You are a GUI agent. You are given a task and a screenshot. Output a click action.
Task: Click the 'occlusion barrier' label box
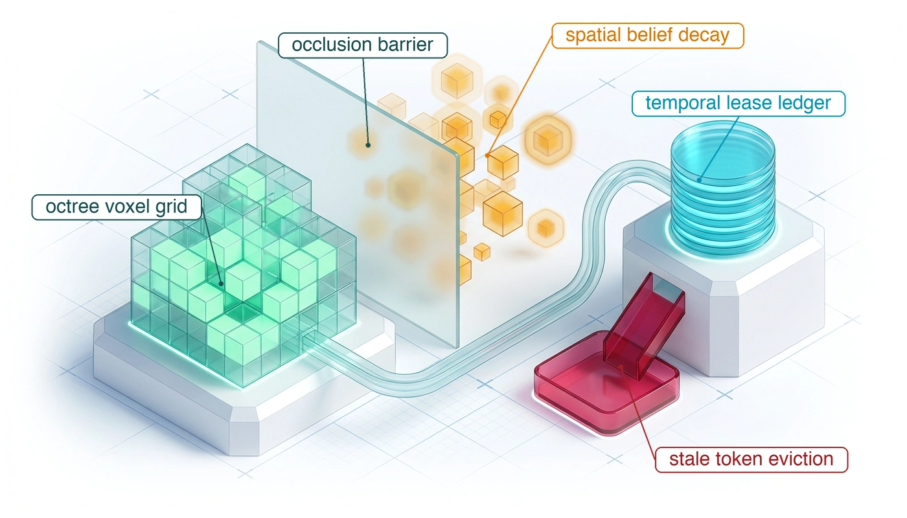pos(363,45)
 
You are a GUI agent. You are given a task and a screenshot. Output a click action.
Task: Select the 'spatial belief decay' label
pos(648,36)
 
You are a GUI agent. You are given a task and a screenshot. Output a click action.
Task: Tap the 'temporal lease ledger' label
pos(739,104)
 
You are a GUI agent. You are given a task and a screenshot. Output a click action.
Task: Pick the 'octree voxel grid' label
pos(117,207)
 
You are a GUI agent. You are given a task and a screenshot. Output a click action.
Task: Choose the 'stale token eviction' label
pos(752,460)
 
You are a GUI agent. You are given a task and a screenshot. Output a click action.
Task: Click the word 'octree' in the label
pos(72,207)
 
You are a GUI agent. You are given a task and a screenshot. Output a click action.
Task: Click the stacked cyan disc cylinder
pos(723,188)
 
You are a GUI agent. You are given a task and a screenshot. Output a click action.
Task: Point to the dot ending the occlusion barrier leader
pos(368,145)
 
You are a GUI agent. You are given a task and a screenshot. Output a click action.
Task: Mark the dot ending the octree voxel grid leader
pos(221,284)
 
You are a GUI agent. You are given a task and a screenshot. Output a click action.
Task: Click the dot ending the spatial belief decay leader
pos(487,155)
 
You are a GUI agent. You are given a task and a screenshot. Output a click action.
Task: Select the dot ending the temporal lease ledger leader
pos(699,180)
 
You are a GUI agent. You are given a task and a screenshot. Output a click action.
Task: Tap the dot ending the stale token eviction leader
pos(621,368)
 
